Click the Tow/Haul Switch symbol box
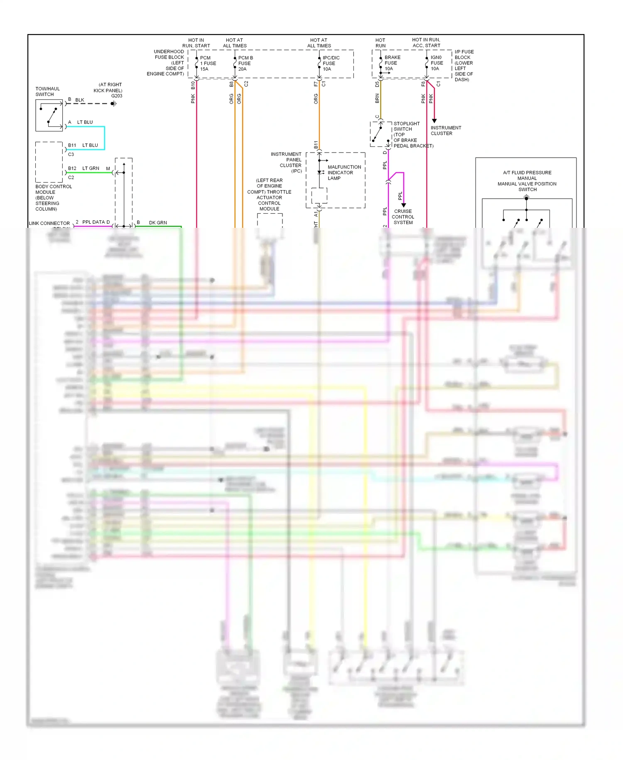pyautogui.click(x=49, y=116)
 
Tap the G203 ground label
pyautogui.click(x=117, y=96)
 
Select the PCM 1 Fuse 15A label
pyautogui.click(x=208, y=64)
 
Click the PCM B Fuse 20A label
pyautogui.click(x=245, y=64)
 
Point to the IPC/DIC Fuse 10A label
pyautogui.click(x=331, y=64)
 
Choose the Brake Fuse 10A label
pyautogui.click(x=392, y=63)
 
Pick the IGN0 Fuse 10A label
pyautogui.click(x=437, y=63)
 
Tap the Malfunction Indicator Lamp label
pyautogui.click(x=344, y=173)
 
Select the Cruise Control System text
pyautogui.click(x=403, y=217)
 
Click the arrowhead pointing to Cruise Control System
pyautogui.click(x=403, y=205)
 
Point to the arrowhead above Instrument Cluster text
pyautogui.click(x=434, y=121)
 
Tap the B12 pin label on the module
pyautogui.click(x=72, y=168)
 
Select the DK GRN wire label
pyautogui.click(x=158, y=223)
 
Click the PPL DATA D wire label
pyautogui.click(x=96, y=222)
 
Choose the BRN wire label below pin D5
pyautogui.click(x=377, y=99)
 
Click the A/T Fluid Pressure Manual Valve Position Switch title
pyautogui.click(x=527, y=181)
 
